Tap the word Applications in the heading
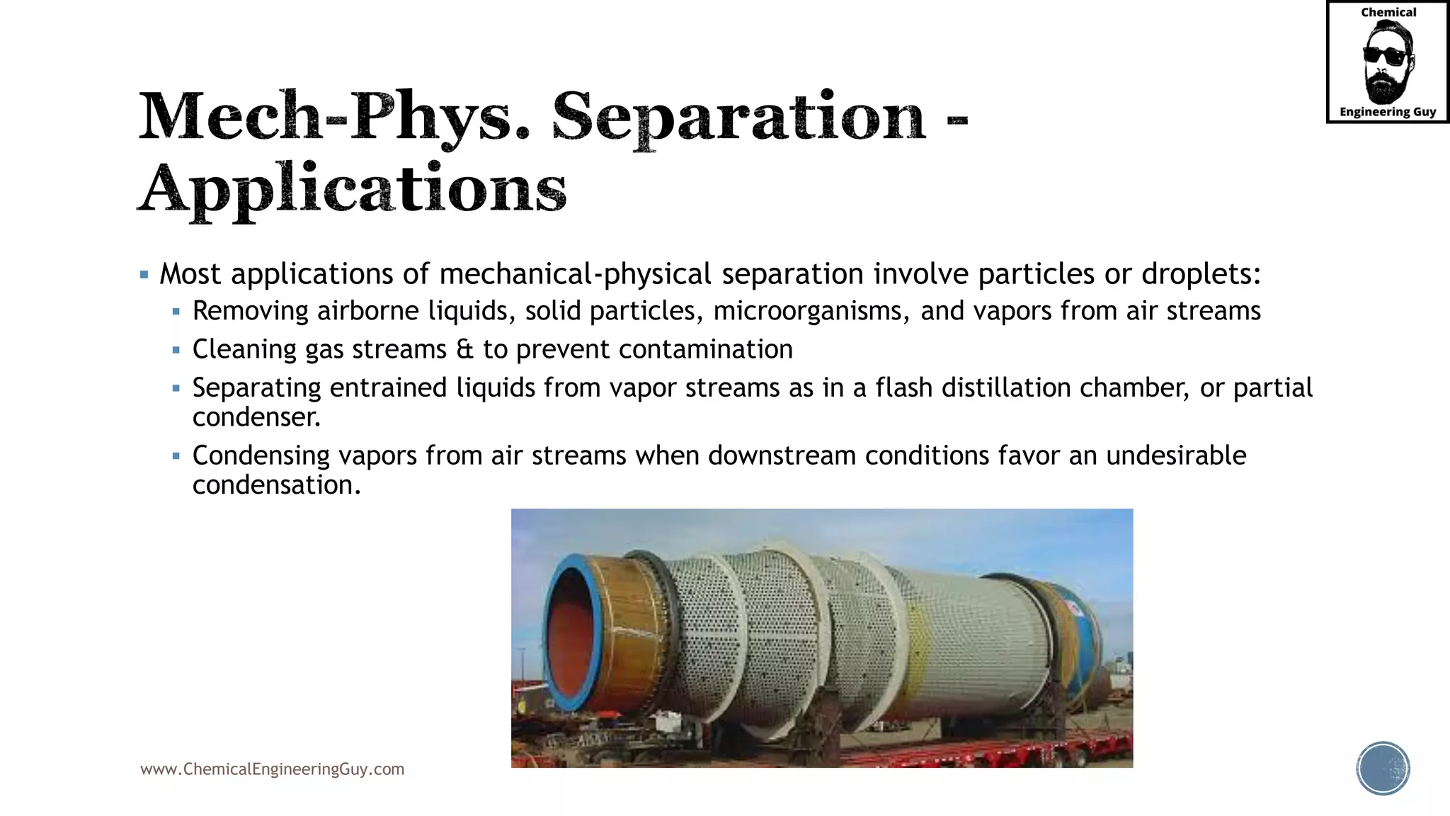[353, 189]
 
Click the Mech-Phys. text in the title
[334, 117]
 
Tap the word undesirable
[1175, 455]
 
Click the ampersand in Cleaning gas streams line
[464, 349]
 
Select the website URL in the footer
[272, 769]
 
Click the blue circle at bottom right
[1383, 769]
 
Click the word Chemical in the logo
[1388, 12]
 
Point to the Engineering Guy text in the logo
[1388, 112]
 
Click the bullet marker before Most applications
[144, 275]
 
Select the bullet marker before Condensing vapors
[176, 455]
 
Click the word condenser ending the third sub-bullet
[256, 417]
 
